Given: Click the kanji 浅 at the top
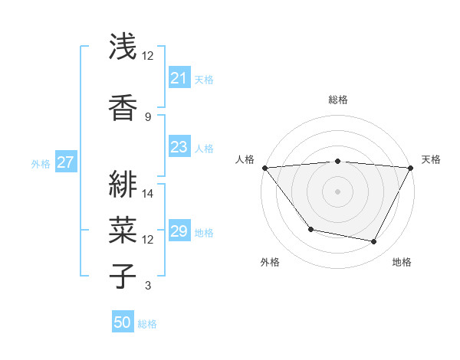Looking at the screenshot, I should [123, 47].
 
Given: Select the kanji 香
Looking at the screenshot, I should [123, 106].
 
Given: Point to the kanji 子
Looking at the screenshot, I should [123, 276].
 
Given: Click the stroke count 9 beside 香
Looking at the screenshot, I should [148, 116].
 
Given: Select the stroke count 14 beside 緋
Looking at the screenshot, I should [149, 194].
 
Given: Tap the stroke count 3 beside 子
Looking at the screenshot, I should [148, 286].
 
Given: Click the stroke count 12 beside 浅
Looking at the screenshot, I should [148, 56].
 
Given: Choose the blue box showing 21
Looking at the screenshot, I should [179, 77].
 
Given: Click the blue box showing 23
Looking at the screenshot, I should [179, 147].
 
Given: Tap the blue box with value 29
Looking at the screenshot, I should [179, 231].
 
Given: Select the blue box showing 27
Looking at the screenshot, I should [65, 162].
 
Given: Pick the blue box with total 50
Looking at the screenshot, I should [122, 322].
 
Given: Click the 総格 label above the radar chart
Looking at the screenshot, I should [338, 100].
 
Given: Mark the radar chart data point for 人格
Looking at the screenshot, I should [264, 168].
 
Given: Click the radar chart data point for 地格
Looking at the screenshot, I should [374, 242].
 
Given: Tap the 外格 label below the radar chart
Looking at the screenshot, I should [270, 263].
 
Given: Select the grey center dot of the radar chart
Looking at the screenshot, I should [338, 191].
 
